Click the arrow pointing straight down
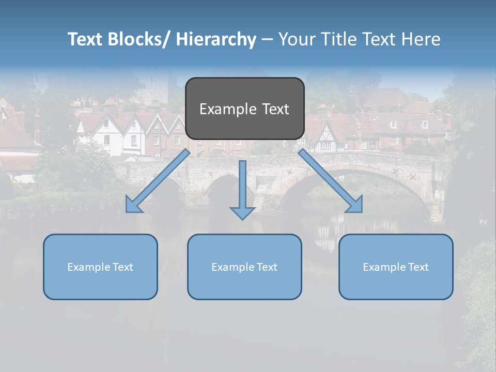point(242,189)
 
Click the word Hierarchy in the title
point(216,39)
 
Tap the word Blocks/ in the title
point(138,39)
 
